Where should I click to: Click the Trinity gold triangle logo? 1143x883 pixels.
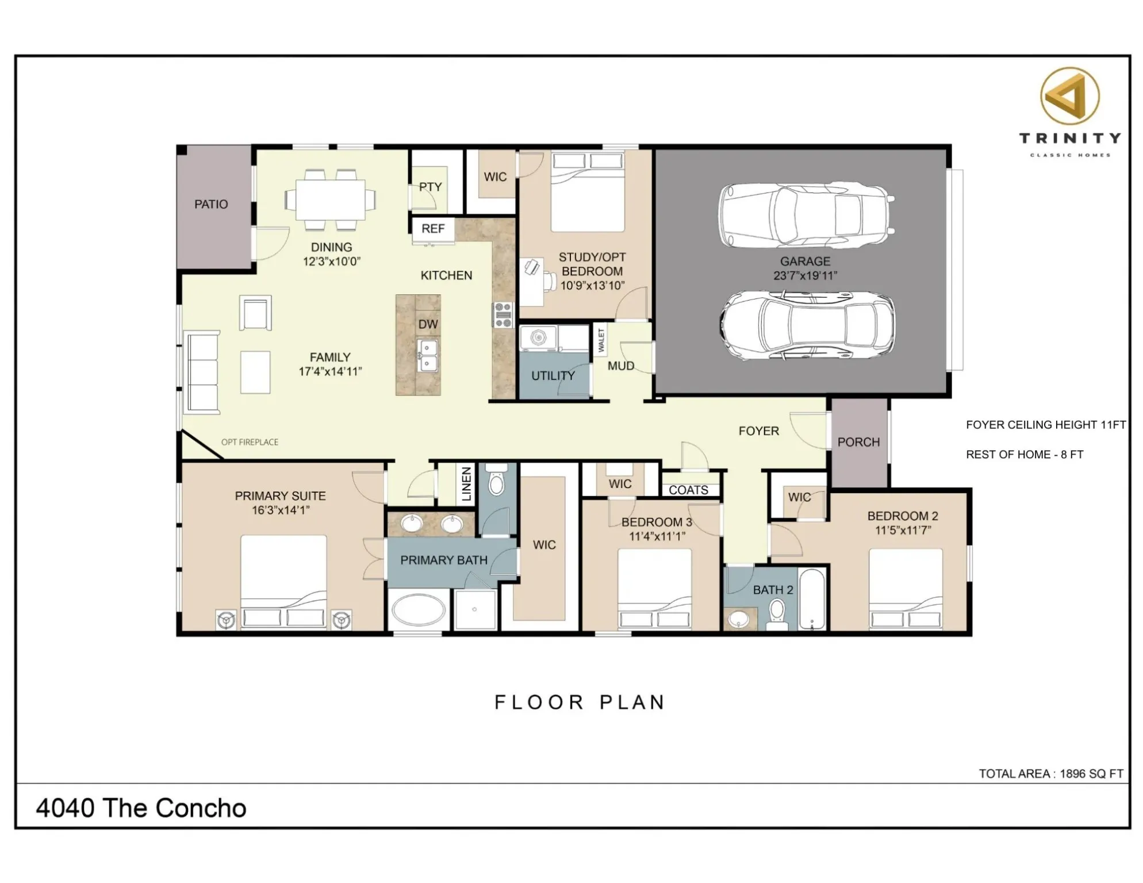[1069, 97]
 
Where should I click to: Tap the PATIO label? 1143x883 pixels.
[211, 204]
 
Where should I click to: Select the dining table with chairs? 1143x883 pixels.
[330, 199]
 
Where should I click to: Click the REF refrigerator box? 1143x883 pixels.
[433, 229]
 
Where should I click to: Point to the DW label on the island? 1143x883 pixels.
[428, 324]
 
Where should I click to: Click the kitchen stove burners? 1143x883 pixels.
[503, 316]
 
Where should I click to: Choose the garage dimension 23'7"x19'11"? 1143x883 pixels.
[805, 276]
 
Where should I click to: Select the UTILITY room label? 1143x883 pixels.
[553, 376]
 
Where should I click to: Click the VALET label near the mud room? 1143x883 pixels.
[601, 340]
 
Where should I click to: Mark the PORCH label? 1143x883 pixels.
[858, 442]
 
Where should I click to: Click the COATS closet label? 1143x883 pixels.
[688, 490]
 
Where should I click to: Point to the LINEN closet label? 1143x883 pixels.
[466, 484]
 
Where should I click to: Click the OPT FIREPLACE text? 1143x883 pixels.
[250, 442]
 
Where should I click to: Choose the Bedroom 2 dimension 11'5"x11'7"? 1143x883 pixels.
[903, 531]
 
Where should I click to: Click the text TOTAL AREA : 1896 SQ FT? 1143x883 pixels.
[1050, 774]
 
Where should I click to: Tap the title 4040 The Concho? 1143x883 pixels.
[141, 808]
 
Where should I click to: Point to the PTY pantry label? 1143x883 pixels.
[430, 187]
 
